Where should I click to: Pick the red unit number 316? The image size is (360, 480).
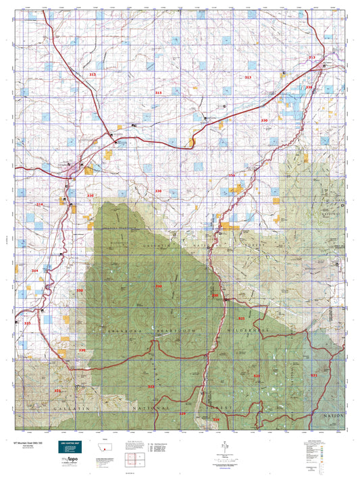tap(309, 87)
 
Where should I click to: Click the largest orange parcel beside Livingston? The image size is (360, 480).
tap(109, 155)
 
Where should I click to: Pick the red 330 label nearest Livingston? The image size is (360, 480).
tap(90, 196)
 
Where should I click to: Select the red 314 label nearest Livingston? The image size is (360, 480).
tap(38, 205)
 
